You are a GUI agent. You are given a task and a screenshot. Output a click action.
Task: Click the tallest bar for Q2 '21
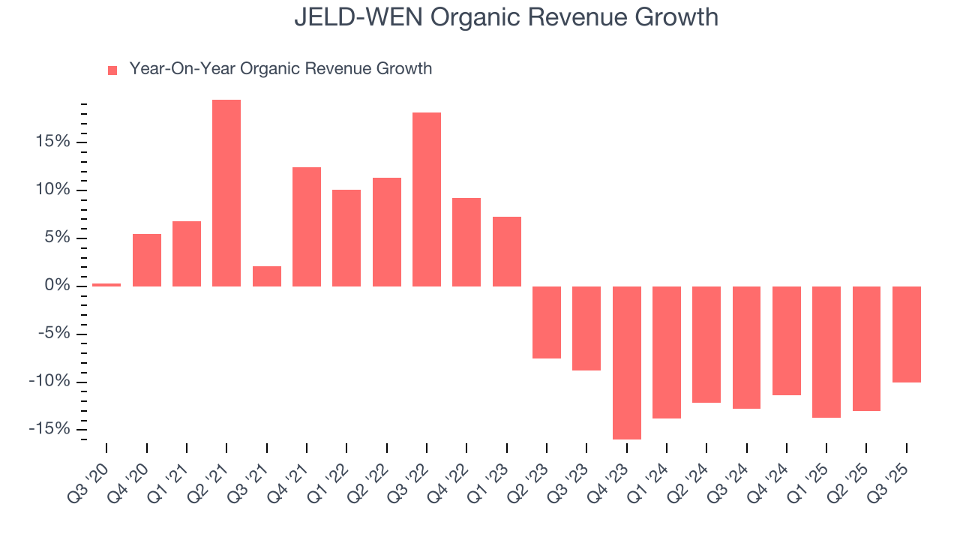tap(226, 193)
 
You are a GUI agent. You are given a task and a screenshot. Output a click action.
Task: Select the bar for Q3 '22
tap(427, 199)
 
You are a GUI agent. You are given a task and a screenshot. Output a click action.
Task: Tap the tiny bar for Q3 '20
tap(106, 284)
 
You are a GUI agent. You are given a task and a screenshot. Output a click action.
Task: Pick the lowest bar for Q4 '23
tap(627, 362)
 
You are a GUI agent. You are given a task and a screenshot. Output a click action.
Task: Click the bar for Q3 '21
tap(267, 276)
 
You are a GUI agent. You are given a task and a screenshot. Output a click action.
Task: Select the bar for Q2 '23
tap(547, 322)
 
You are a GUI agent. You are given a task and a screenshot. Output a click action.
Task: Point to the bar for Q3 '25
tap(907, 334)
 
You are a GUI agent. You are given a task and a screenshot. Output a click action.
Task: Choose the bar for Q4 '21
tap(307, 226)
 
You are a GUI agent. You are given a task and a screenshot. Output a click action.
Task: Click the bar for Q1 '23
tap(507, 251)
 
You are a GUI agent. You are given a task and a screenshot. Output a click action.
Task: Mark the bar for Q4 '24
tap(787, 340)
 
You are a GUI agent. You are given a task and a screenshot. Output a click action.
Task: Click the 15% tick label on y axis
tap(51, 142)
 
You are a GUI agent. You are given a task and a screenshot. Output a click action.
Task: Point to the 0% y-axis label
tap(55, 286)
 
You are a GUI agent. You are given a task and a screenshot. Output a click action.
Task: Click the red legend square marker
tap(112, 70)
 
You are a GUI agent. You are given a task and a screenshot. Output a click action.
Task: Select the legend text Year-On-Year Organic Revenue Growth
tap(280, 69)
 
